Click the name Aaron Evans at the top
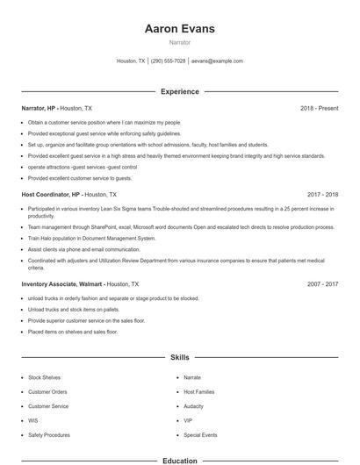(x=179, y=29)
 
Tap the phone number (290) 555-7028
(x=169, y=61)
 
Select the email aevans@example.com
(x=217, y=61)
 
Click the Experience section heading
(x=179, y=91)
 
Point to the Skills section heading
(x=179, y=358)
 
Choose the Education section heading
(x=179, y=460)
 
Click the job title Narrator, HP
(x=39, y=108)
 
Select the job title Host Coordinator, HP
(x=51, y=194)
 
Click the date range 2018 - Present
(x=319, y=108)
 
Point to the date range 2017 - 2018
(x=322, y=194)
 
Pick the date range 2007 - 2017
(x=322, y=284)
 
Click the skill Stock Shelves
(x=45, y=377)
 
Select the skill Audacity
(x=194, y=406)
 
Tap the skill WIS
(x=33, y=420)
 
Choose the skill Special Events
(x=200, y=435)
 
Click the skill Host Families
(x=198, y=391)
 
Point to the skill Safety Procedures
(x=49, y=435)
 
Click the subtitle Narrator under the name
(x=179, y=42)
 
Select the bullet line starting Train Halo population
(x=91, y=238)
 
